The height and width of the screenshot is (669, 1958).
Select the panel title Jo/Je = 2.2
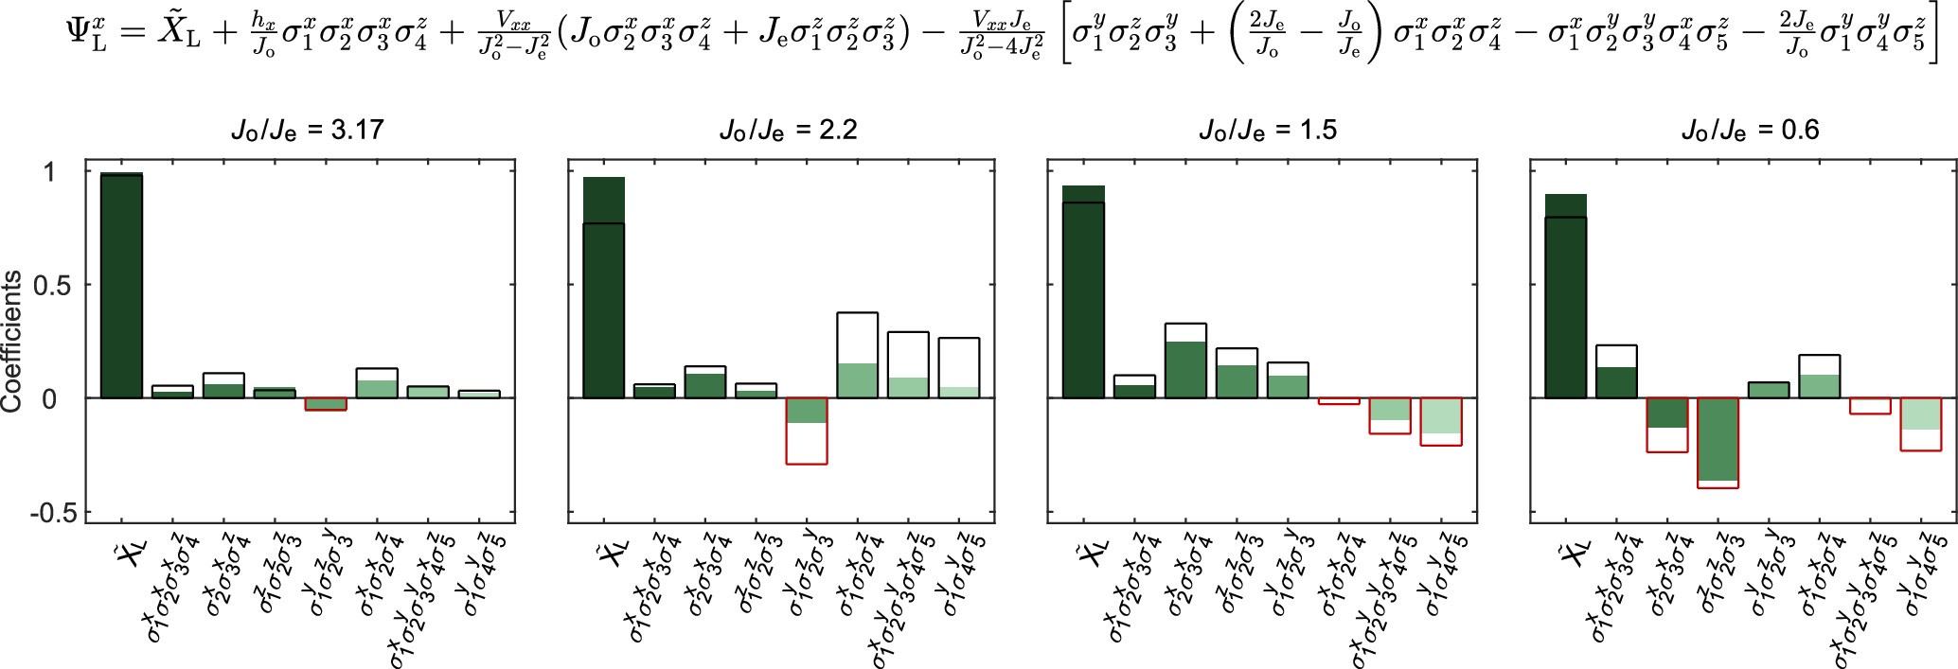pyautogui.click(x=788, y=129)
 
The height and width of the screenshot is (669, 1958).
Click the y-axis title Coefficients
pyautogui.click(x=12, y=342)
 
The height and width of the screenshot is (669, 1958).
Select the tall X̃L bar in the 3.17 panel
pyautogui.click(x=121, y=289)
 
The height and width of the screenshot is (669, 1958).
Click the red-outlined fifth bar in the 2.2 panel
pyautogui.click(x=807, y=431)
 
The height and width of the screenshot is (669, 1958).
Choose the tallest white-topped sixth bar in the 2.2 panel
pyautogui.click(x=857, y=356)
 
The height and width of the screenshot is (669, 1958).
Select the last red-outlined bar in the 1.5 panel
pyautogui.click(x=1441, y=422)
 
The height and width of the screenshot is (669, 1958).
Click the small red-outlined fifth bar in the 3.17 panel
pyautogui.click(x=325, y=404)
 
